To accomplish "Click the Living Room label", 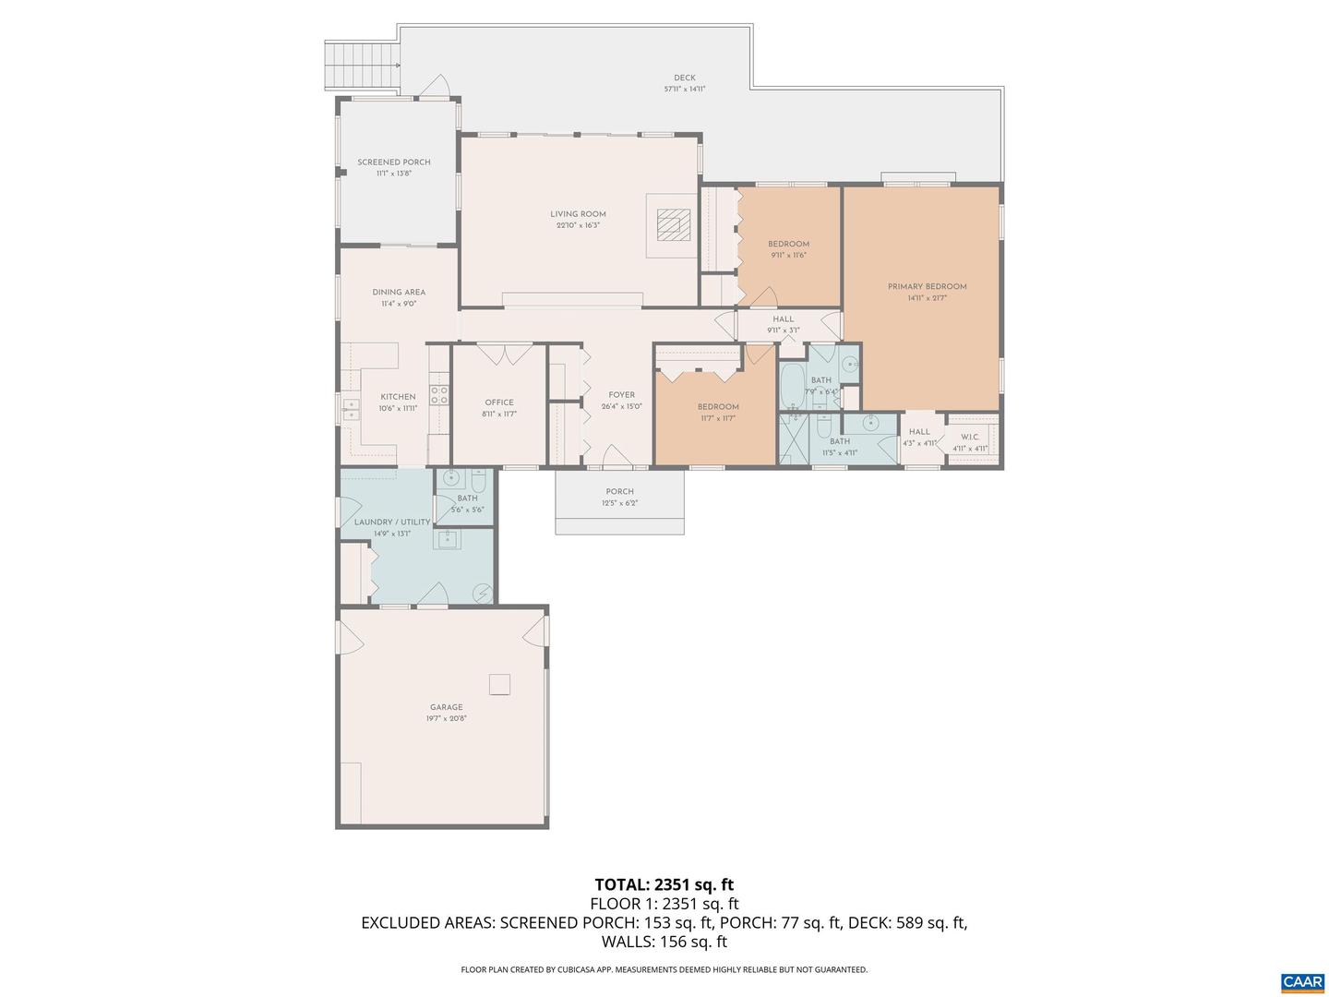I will click(578, 214).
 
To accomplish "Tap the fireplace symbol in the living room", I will click(674, 224).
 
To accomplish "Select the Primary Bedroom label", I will click(927, 287).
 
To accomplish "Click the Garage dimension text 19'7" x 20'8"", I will click(446, 719).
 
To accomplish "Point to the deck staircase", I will click(362, 66).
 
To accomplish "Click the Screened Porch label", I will click(394, 162).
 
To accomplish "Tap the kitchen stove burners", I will click(439, 396).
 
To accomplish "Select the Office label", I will click(499, 402).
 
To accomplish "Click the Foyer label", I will click(621, 395).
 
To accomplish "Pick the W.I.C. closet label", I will click(970, 438).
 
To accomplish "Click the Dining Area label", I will click(399, 293).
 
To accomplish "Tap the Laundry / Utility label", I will click(392, 523).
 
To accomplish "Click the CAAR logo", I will click(1301, 982).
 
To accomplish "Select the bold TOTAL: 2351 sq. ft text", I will click(664, 885).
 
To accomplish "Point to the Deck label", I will click(684, 78).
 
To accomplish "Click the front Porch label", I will click(619, 492).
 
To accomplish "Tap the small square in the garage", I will click(499, 684).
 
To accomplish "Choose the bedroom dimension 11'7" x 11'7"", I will click(717, 418).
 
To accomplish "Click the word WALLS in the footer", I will click(627, 943).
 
